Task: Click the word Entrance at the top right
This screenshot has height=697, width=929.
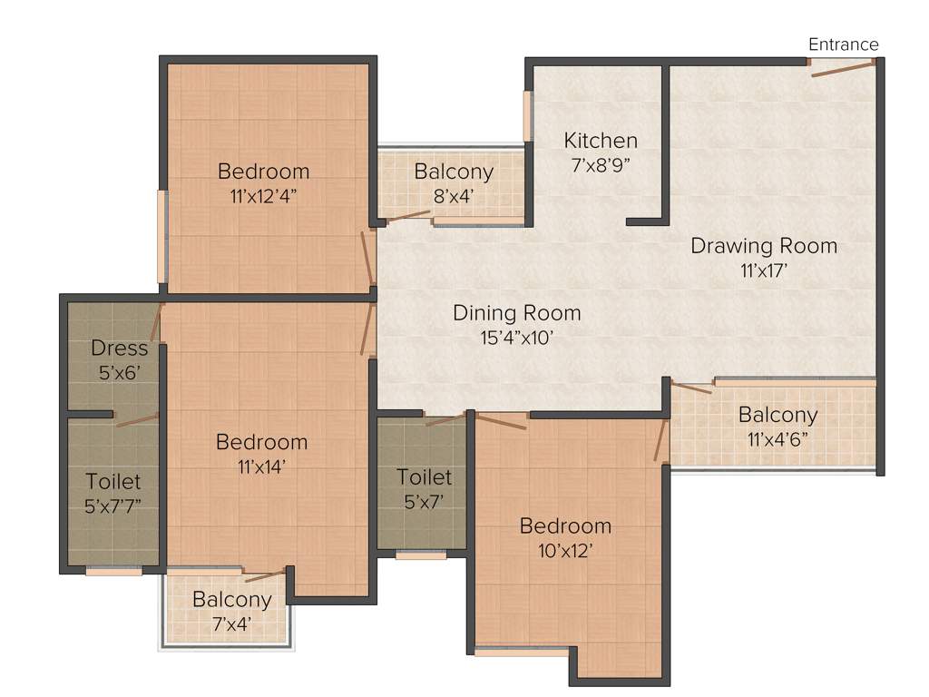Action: coord(843,44)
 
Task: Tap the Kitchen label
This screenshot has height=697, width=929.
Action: coord(601,141)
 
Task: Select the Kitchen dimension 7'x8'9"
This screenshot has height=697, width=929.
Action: coord(601,165)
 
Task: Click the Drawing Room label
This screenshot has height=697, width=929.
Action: coord(764,245)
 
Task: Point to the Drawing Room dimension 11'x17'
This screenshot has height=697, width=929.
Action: coord(764,270)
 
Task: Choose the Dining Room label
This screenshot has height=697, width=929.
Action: coord(516,313)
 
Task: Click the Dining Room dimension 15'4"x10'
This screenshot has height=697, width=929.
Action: coord(516,338)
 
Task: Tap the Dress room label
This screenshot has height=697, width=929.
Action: coord(119,348)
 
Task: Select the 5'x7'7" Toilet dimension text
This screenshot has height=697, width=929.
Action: coord(113,506)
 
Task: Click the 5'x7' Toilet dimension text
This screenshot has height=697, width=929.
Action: coord(424,501)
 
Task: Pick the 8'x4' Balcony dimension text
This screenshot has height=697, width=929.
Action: coord(454,195)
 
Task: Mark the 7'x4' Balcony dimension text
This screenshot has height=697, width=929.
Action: coord(232,623)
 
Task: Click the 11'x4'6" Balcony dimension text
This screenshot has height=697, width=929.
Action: coord(777,440)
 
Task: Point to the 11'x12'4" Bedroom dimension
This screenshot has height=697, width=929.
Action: coord(263,195)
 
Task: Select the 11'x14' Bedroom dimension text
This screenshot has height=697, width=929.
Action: coord(261,466)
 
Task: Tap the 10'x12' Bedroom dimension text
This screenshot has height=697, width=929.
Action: coord(564,550)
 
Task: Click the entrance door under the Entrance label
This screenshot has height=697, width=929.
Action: coord(842,66)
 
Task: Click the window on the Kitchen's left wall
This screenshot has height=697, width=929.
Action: coord(527,115)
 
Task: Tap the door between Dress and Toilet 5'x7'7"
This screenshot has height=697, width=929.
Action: coord(136,418)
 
